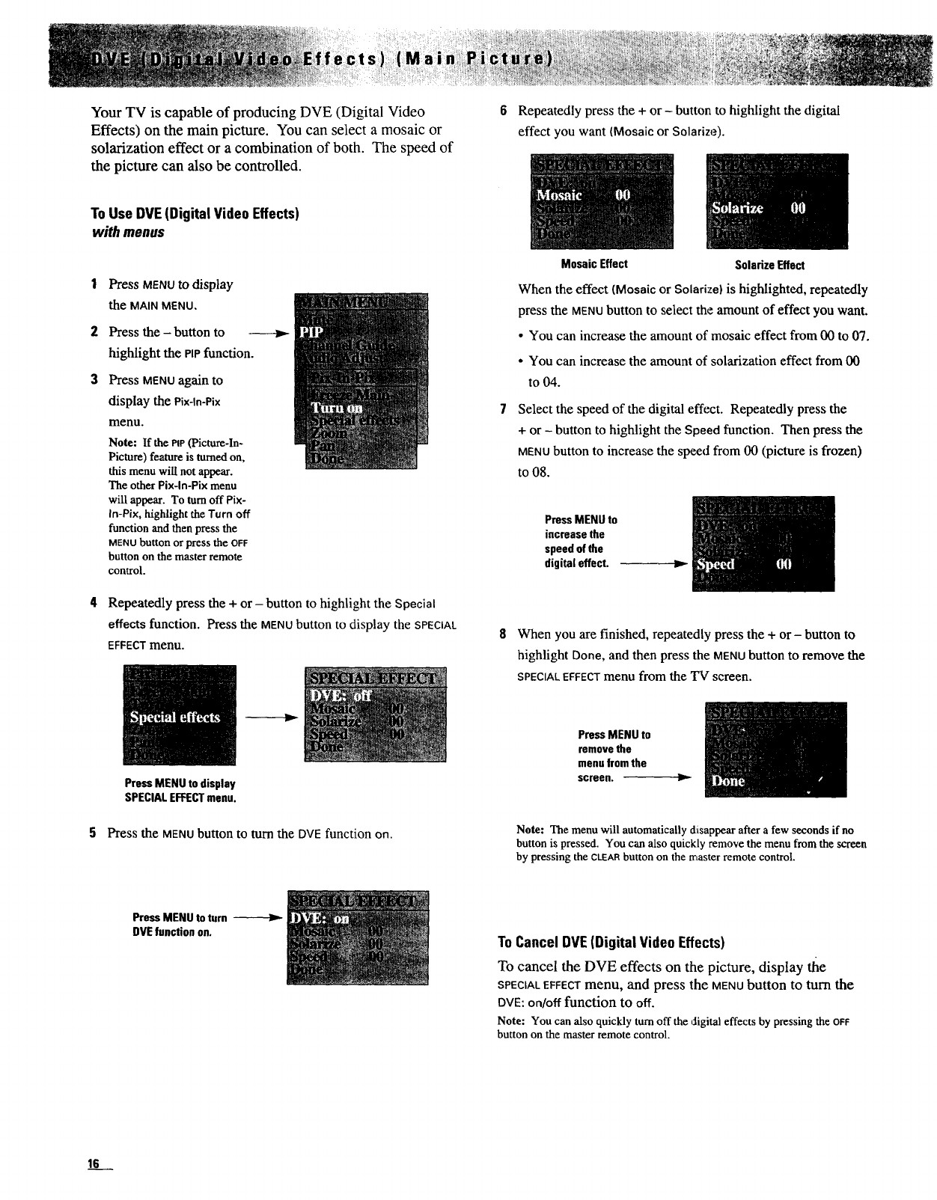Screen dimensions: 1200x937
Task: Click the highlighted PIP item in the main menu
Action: (308, 331)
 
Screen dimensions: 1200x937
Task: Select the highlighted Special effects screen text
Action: (175, 717)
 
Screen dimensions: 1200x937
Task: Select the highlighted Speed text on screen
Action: (716, 565)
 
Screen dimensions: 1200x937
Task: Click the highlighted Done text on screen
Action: (728, 781)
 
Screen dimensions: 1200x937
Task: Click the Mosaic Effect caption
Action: (594, 264)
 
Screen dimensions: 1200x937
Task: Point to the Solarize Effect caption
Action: (769, 265)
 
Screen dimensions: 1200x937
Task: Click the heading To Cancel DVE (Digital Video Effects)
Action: (611, 941)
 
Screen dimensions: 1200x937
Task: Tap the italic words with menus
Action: (127, 232)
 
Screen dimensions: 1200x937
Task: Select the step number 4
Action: (94, 603)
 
